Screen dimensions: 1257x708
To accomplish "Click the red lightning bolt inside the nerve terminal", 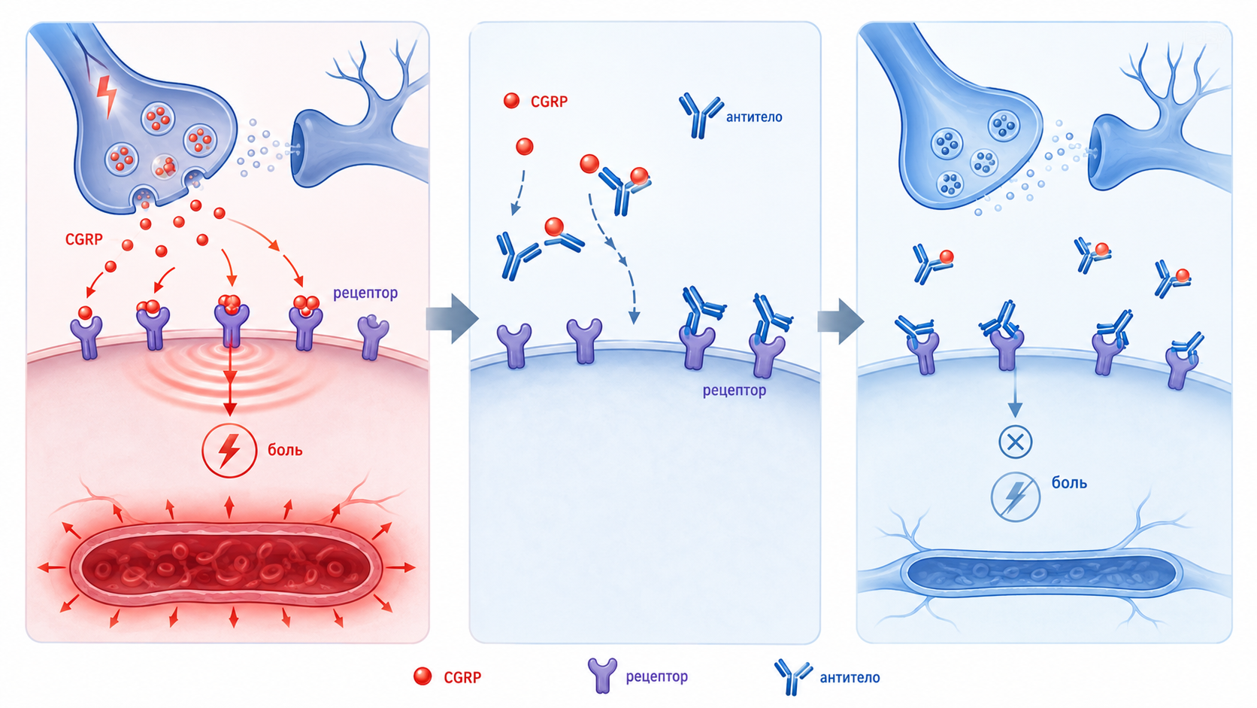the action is click(106, 96).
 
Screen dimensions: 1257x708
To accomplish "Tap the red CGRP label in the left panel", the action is click(83, 240).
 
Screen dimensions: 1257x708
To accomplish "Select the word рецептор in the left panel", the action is click(365, 293).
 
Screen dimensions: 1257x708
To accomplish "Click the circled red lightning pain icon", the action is click(229, 450).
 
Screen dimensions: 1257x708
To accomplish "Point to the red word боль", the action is click(285, 450).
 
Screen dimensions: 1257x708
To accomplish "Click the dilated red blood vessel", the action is click(226, 565).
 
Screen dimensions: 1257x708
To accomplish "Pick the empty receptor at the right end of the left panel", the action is click(373, 336).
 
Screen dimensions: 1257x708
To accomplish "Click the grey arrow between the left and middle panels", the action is click(453, 318).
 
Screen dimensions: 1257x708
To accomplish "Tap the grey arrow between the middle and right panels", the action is click(841, 321).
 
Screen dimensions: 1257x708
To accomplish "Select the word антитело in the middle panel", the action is click(753, 117).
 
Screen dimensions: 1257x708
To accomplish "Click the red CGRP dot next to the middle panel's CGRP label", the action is click(511, 101).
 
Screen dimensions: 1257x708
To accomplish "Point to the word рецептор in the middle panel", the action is click(734, 390).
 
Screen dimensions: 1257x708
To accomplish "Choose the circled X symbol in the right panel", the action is click(1015, 442).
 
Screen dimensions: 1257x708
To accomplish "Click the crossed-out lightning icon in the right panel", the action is click(1015, 497).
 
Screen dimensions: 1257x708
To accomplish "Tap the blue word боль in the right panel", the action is click(1069, 482).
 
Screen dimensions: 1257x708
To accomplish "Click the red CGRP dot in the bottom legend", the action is click(423, 676).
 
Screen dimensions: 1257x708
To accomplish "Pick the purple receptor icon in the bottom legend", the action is click(602, 675).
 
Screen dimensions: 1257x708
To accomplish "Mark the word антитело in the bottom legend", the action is click(850, 678).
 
